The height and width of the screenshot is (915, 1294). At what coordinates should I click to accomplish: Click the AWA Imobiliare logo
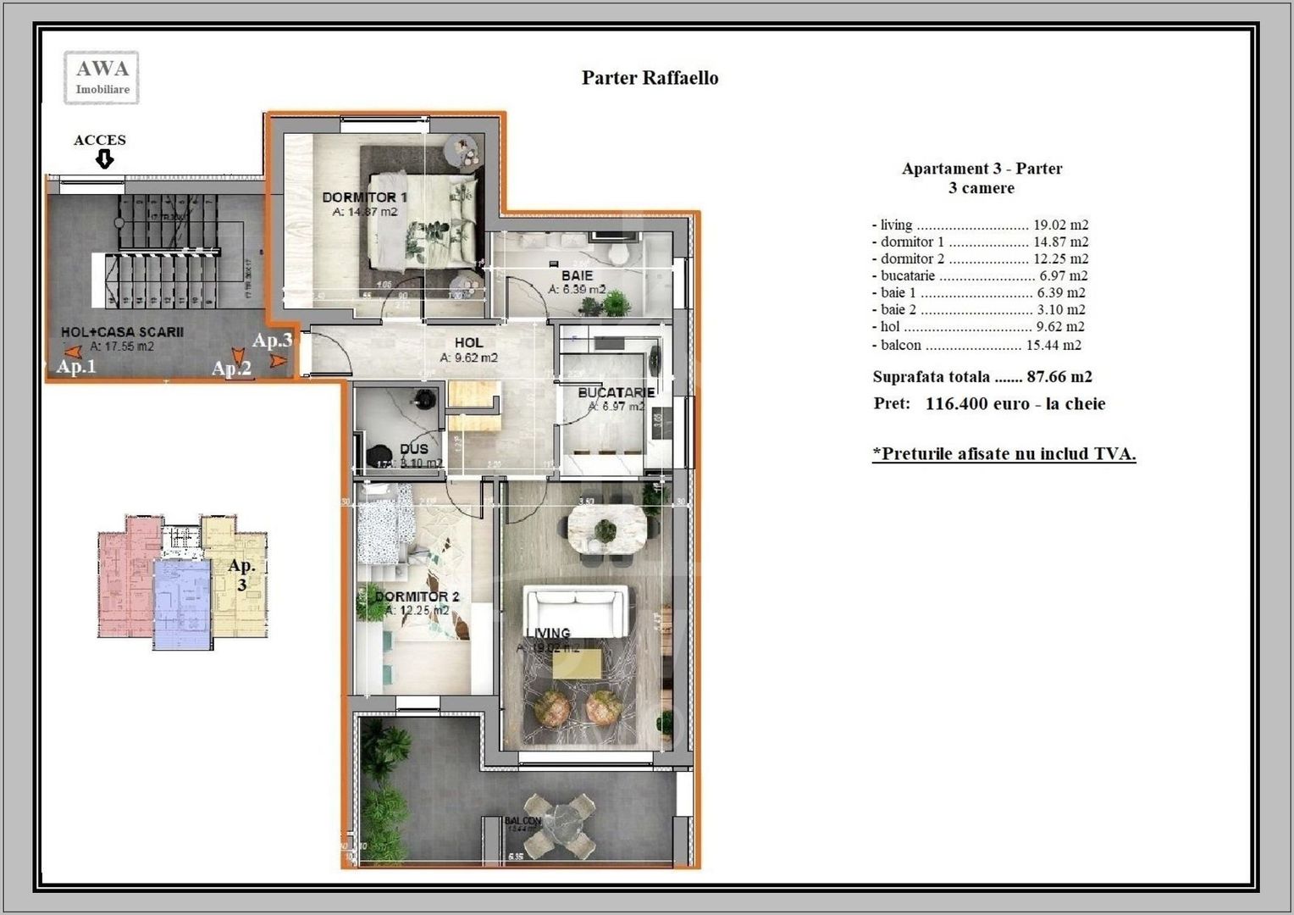point(102,77)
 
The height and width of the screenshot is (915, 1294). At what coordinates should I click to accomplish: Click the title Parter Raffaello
point(650,78)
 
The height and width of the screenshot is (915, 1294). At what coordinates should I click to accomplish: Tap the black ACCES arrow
point(104,159)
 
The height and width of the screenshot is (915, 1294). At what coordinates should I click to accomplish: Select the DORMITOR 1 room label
point(364,197)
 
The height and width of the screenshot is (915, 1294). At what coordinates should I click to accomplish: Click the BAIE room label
point(577,276)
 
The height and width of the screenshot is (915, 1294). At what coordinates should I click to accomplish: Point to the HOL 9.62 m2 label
point(468,350)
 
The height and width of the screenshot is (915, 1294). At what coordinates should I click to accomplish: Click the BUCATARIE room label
point(616,393)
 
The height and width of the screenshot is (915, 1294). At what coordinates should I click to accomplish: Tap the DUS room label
point(413,449)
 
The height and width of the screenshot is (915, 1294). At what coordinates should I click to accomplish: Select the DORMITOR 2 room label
point(417,597)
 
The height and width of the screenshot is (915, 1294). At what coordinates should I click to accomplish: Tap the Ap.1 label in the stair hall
point(76,367)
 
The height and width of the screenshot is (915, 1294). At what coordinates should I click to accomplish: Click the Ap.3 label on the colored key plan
point(241,574)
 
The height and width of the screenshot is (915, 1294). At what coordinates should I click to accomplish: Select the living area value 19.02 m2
point(1060,225)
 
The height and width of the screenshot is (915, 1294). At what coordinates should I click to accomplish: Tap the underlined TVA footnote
point(1004,454)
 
